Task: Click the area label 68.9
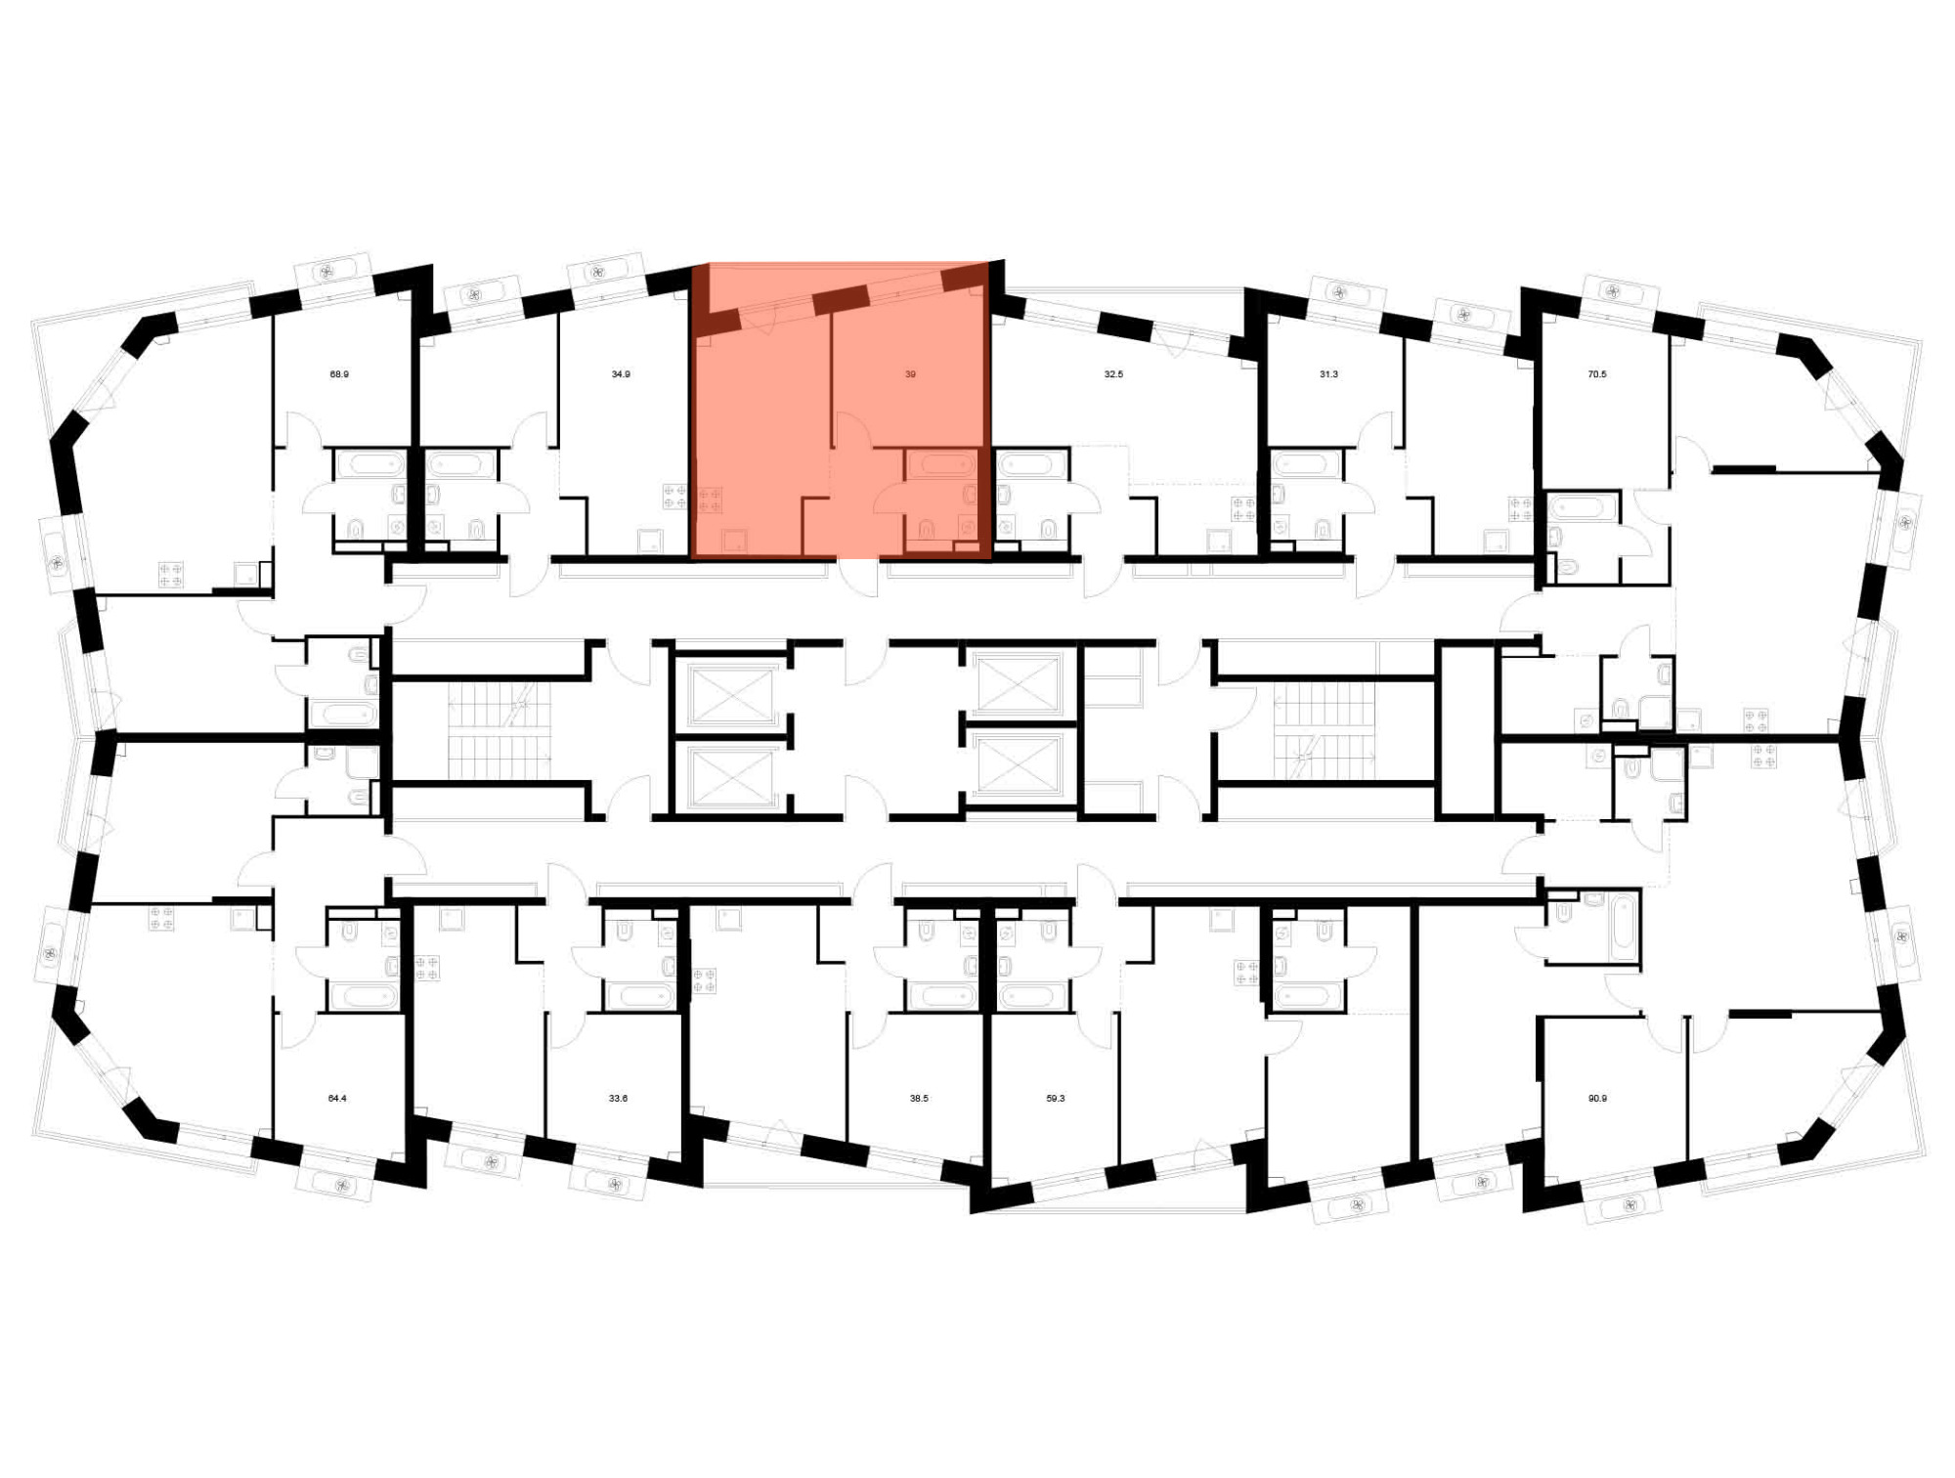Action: [x=339, y=374]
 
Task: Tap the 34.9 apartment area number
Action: [x=621, y=374]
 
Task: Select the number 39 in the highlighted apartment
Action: [x=910, y=374]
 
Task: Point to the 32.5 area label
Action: [x=1113, y=374]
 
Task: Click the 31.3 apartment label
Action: [x=1328, y=374]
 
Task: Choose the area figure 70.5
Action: [x=1597, y=374]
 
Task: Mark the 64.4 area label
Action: [x=337, y=1099]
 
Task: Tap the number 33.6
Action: [x=618, y=1099]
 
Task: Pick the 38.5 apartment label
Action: [x=919, y=1099]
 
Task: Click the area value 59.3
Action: [x=1056, y=1099]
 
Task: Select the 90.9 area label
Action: [x=1597, y=1099]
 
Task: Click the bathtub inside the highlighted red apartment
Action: [x=940, y=463]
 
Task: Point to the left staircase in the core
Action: [x=500, y=731]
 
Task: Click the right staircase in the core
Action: [x=1324, y=731]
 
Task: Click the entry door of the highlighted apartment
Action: [x=858, y=577]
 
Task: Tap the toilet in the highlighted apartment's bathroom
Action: [x=926, y=530]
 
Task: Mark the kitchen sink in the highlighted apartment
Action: [x=734, y=541]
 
